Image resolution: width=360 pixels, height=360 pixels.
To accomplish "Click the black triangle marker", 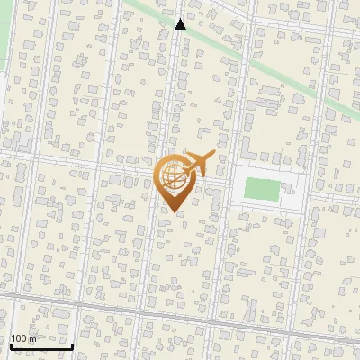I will click(180, 24).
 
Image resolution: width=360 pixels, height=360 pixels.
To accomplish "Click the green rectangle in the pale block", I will click(262, 189).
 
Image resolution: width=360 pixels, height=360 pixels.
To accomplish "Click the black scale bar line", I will click(41, 346).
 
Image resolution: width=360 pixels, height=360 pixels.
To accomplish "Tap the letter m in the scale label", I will click(32, 338).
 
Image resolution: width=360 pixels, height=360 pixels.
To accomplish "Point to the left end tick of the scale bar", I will click(11, 345).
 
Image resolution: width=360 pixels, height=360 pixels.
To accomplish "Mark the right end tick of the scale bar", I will click(72, 345).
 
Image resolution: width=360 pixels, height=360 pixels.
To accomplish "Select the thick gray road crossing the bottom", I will click(180, 316).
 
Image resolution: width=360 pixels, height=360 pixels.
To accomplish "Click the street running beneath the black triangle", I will click(180, 90).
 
